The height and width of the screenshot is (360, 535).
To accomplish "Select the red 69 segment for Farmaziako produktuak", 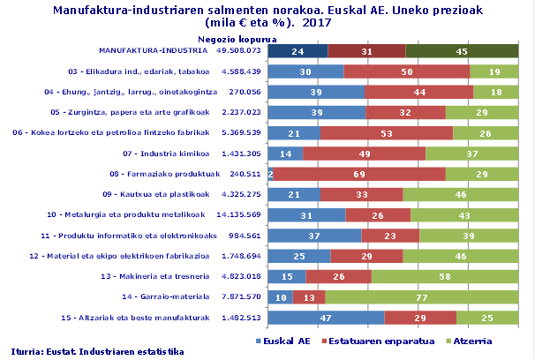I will [359, 175].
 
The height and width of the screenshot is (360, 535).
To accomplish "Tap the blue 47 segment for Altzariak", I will [326, 318].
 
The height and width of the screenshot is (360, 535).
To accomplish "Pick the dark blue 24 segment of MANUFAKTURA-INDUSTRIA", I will [298, 51].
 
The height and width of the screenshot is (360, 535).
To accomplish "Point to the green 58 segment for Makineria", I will [445, 277].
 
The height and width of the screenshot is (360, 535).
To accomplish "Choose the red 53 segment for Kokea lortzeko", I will [386, 133].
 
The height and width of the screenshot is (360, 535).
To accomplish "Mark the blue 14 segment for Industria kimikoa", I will [285, 154].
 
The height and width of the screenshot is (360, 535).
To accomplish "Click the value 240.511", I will [243, 175].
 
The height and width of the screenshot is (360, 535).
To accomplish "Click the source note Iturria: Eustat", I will [98, 350].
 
